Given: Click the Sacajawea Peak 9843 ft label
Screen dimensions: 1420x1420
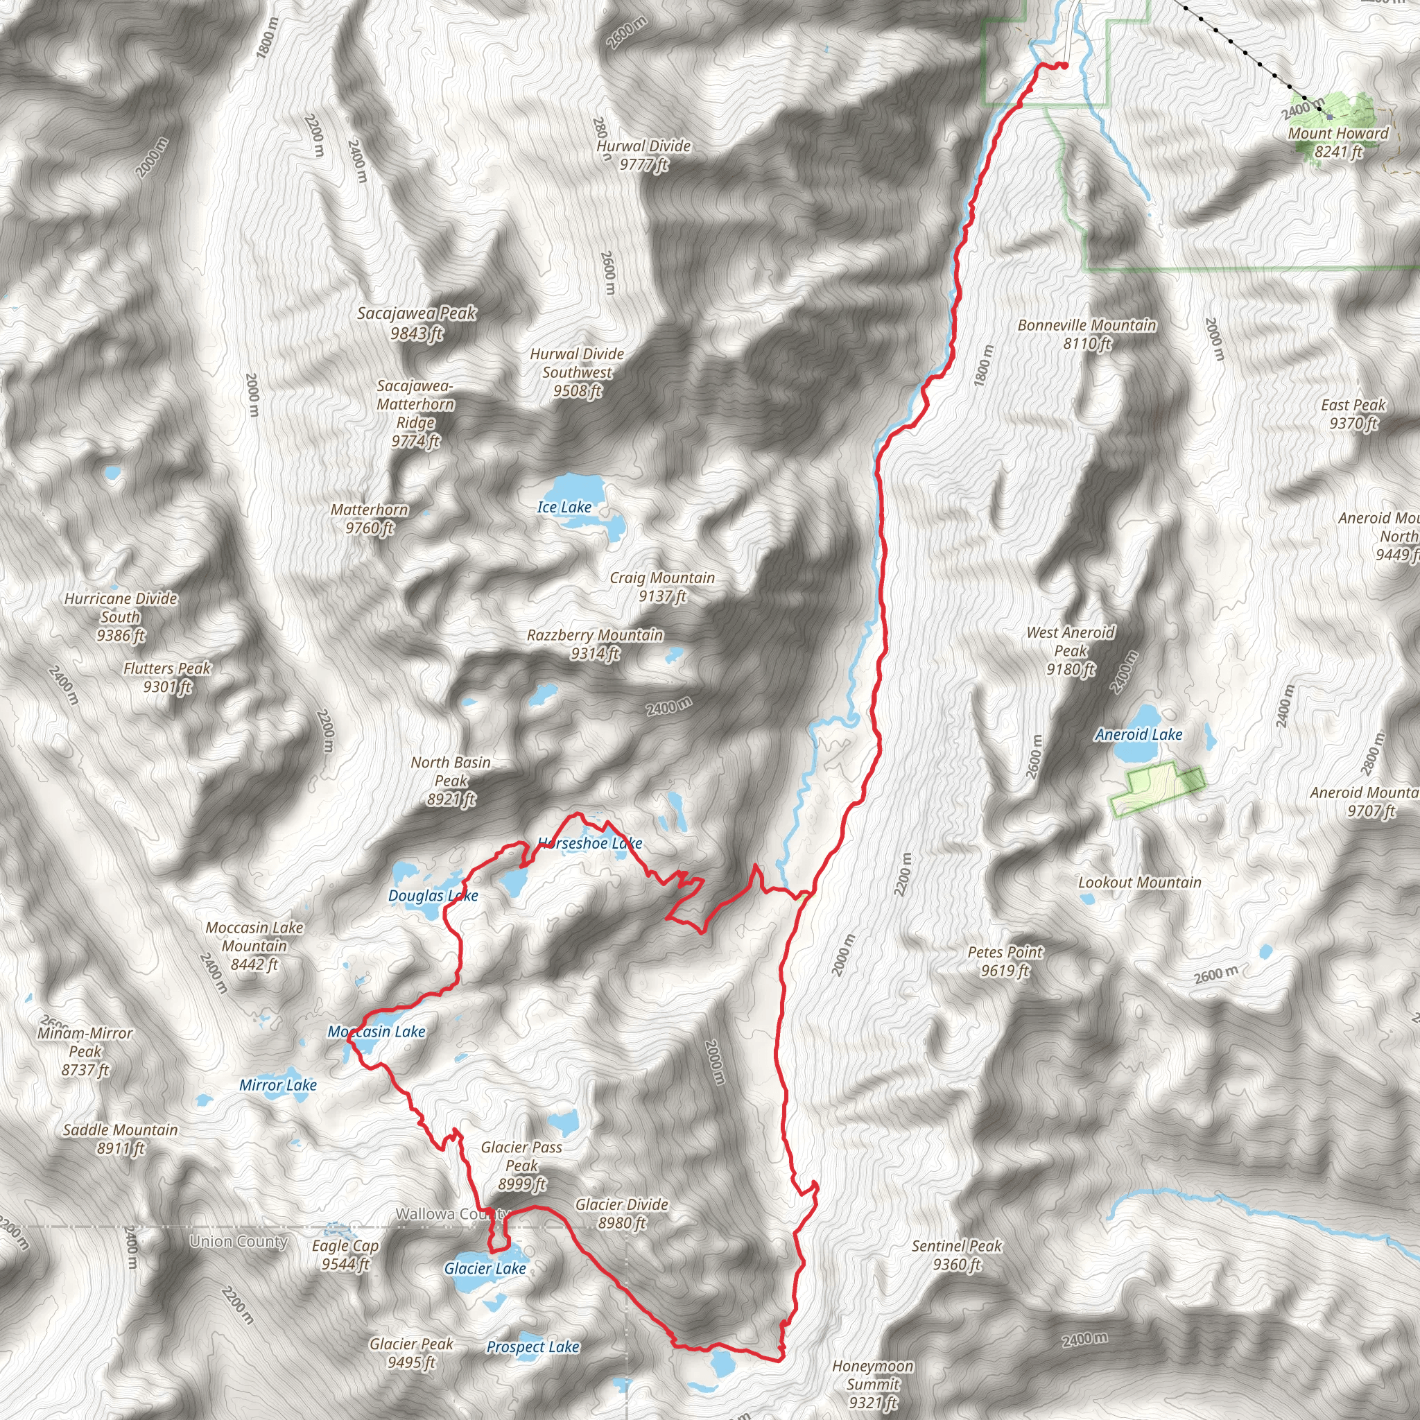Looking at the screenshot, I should tap(417, 323).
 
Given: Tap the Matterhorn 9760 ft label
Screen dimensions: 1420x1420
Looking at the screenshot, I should tap(370, 519).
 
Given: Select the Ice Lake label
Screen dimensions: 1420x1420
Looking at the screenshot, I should tap(564, 507).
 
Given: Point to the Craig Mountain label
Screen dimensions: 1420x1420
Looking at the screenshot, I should tap(662, 587).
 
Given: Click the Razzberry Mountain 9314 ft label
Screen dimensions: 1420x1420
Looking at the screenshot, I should tap(596, 644).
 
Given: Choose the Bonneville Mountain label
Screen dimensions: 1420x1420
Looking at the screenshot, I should tap(1087, 334).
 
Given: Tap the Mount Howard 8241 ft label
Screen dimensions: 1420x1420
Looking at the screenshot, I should tap(1337, 143).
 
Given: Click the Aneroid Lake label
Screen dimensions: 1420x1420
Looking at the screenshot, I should tap(1138, 734).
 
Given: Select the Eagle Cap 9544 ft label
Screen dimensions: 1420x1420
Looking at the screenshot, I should tap(345, 1254).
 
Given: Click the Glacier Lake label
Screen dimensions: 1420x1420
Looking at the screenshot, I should tap(485, 1268).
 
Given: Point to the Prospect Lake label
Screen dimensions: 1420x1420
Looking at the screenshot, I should tap(533, 1347).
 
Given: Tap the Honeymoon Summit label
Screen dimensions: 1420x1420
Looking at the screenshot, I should tap(872, 1383).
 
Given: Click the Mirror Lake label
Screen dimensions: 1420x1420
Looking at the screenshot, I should tap(278, 1085).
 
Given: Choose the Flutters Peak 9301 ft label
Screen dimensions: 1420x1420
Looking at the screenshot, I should tap(168, 677).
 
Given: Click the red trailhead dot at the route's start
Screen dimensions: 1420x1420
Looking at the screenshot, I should tap(1064, 66).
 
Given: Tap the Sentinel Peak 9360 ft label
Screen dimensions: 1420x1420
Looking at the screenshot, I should tap(957, 1254).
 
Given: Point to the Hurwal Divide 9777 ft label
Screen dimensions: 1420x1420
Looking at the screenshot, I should tap(644, 155).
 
